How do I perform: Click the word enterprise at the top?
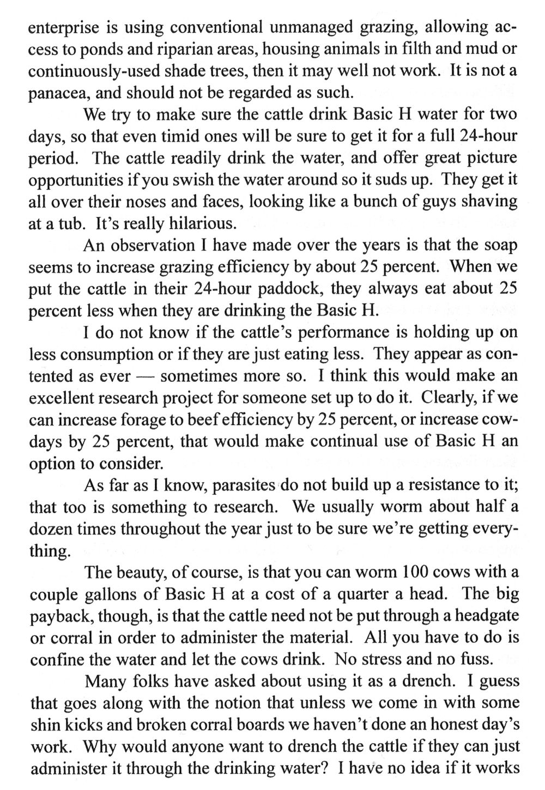61,26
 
